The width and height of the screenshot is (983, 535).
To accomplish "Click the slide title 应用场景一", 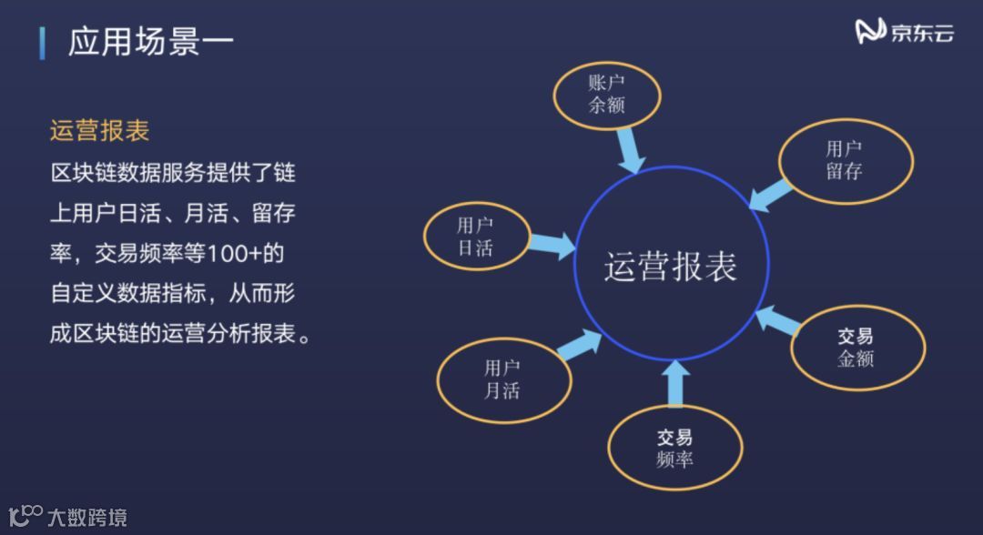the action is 151,42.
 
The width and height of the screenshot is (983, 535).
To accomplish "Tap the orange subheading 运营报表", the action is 99,131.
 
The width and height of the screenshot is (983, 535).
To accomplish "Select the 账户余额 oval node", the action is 607,95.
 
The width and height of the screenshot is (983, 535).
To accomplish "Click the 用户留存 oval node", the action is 846,160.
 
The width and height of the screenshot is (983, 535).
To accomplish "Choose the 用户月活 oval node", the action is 503,379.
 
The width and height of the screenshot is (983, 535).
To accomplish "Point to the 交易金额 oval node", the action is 856,347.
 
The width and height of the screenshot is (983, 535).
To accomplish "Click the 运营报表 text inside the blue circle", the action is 671,267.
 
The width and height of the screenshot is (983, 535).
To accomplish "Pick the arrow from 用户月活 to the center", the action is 581,346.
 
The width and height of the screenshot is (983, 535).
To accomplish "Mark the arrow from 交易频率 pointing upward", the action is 674,383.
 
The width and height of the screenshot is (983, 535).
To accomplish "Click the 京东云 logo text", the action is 922,34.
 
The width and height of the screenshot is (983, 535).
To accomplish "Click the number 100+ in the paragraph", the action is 235,254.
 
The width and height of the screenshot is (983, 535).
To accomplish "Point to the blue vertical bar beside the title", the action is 42,43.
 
